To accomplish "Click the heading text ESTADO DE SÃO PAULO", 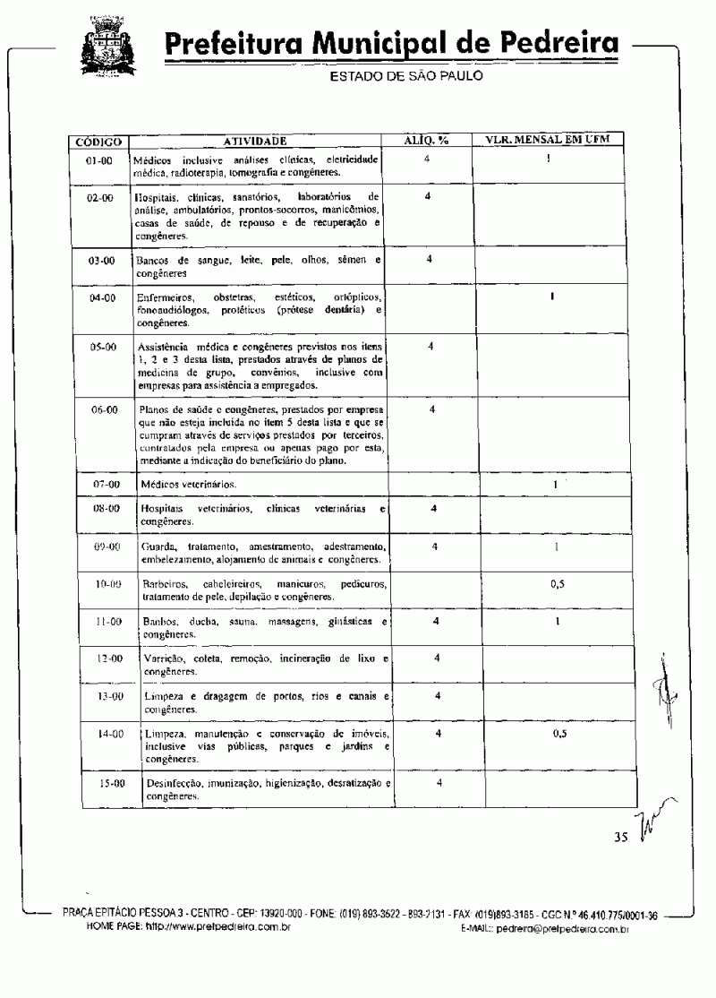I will click(x=406, y=76).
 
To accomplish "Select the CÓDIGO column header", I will click(x=99, y=142).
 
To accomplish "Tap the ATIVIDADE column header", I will click(x=255, y=141).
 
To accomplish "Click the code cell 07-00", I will click(x=106, y=484).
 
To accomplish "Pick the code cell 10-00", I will click(x=108, y=583).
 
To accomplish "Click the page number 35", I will click(x=621, y=838).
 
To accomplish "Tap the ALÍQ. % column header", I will click(x=427, y=140).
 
